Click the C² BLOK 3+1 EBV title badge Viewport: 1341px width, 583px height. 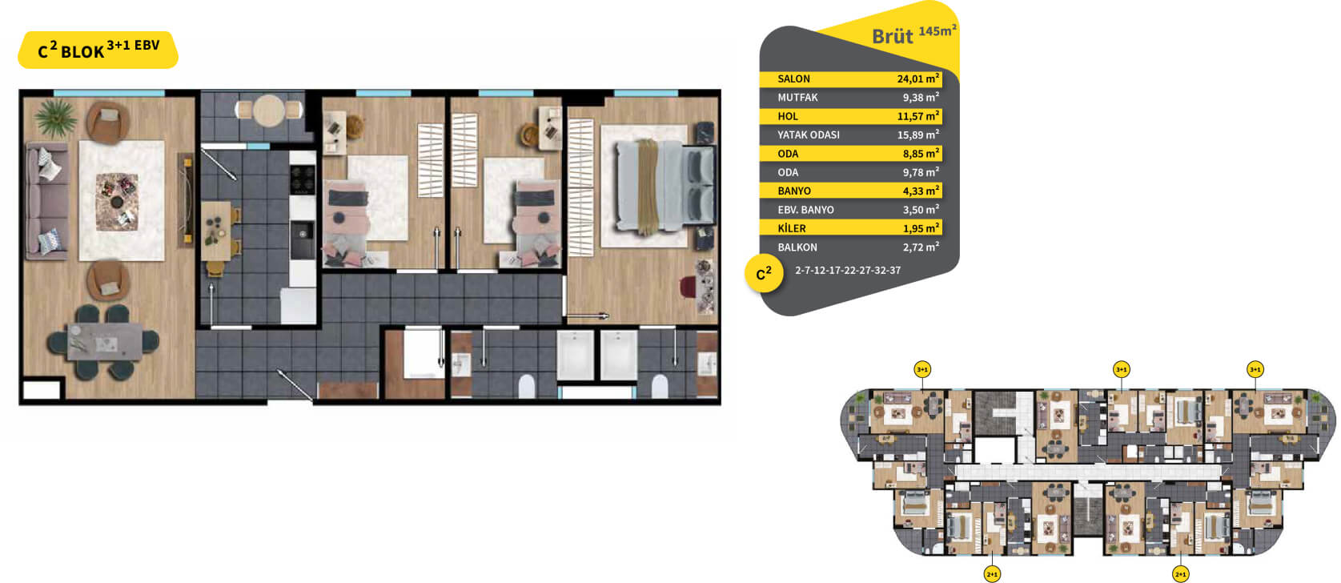click(x=98, y=50)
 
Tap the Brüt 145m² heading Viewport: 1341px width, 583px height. click(x=913, y=34)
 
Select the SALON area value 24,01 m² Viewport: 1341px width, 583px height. click(x=917, y=78)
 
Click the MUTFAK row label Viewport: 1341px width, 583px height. click(x=797, y=98)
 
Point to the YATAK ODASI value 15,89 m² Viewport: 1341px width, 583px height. click(x=917, y=135)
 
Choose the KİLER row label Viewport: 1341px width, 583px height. click(x=792, y=228)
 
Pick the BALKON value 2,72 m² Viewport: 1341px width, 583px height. click(x=921, y=247)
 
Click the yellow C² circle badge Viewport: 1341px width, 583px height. click(x=764, y=274)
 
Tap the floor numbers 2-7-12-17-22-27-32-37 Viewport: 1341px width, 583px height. click(x=848, y=270)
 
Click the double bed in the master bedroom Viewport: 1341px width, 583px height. click(x=664, y=186)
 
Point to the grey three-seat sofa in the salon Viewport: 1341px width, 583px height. click(x=46, y=200)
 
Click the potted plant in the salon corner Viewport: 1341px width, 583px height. click(x=55, y=117)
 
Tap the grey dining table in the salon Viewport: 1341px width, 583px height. click(x=105, y=342)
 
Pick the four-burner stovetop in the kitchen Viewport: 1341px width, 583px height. click(x=303, y=179)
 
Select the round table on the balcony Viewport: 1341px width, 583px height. click(x=268, y=111)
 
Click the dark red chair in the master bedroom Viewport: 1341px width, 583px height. click(x=688, y=286)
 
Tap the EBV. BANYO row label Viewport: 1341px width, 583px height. click(x=805, y=210)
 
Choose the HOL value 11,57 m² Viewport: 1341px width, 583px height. click(x=917, y=116)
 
